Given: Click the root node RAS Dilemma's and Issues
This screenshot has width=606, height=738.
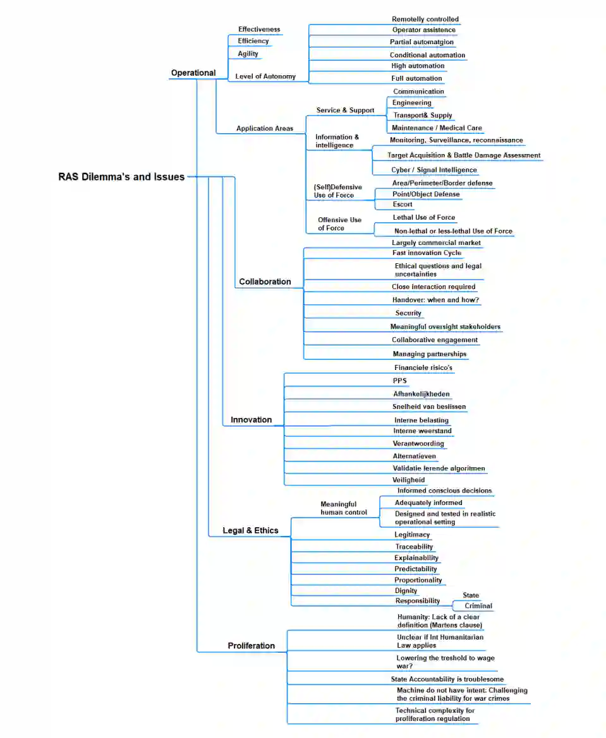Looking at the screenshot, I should pos(121,177).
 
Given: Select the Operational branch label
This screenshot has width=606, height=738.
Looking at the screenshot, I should pos(193,73).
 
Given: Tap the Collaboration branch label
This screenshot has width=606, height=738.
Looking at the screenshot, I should pos(265,282).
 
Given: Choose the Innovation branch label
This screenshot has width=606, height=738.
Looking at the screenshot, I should pos(251,420).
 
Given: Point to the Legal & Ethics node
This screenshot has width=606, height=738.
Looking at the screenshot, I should pos(250,531).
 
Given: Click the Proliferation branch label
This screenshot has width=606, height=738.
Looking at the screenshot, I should pos(251,646).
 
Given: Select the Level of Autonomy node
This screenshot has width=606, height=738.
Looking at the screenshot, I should pos(265,76).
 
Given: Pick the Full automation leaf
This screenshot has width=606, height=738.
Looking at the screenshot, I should pos(416,78).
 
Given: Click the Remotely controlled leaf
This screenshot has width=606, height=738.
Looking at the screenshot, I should pos(425,20).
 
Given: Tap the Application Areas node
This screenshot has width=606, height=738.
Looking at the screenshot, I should pos(264,129).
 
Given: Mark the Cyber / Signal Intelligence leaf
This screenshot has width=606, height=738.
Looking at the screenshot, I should pos(434,170).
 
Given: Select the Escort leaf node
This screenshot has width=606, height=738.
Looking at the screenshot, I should pos(403,205).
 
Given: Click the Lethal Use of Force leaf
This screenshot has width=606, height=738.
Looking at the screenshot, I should pos(423,218).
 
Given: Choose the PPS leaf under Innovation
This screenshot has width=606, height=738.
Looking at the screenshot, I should pos(399,381).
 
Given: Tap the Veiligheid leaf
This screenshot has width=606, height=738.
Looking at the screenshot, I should pos(408,480).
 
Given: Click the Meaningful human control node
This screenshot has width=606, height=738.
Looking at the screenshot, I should pos(343,508).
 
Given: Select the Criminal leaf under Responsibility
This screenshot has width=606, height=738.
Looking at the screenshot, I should pos(478,606).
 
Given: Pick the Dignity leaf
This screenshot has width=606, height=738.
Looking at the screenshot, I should pos(406,591).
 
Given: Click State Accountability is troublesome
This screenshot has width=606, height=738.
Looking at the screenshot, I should pos(447,679).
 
